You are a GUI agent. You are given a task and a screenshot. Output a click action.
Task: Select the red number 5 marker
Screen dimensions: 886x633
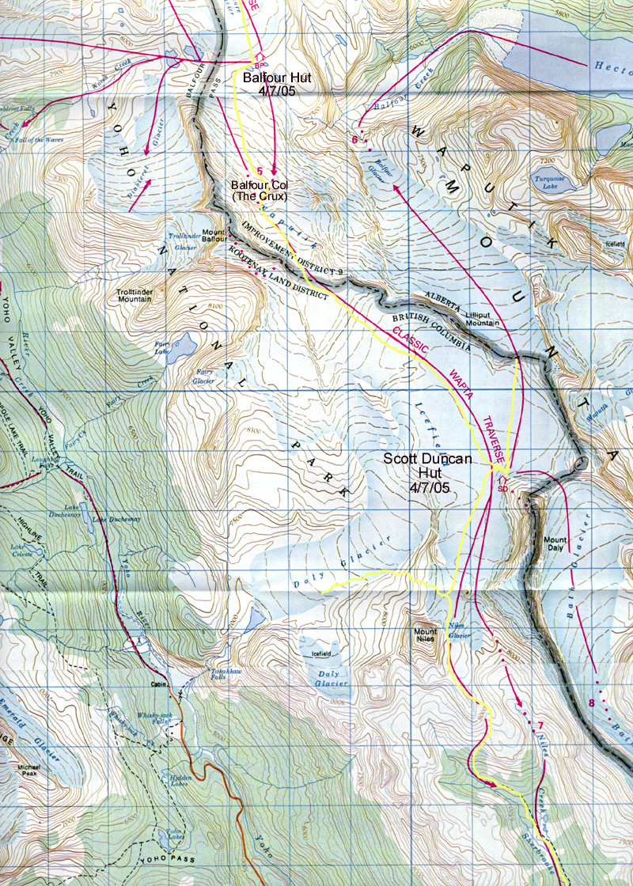[258, 169]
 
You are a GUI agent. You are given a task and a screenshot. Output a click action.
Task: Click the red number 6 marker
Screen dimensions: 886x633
[355, 140]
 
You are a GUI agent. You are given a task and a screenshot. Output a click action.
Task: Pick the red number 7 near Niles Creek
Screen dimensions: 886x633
[540, 725]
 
